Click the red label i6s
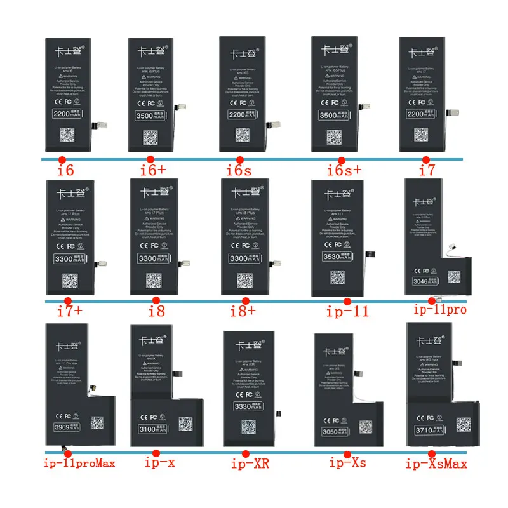pos(239,171)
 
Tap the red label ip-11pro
pos(439,311)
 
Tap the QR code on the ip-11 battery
pos(337,277)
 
